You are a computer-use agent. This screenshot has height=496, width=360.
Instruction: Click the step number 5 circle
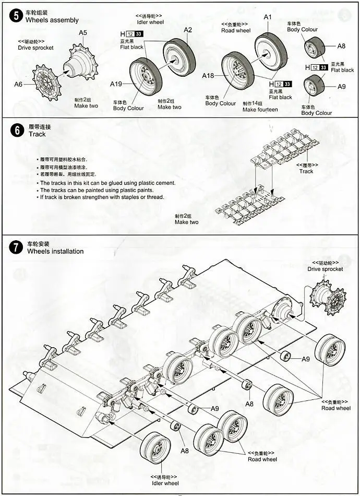[16, 15]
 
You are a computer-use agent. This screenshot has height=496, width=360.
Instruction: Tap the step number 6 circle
[16, 130]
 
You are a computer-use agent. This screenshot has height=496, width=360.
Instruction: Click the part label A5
[83, 33]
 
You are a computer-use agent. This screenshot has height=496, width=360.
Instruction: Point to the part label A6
[19, 84]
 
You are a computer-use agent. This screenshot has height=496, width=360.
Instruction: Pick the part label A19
[116, 84]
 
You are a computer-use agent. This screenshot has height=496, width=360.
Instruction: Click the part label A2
[188, 30]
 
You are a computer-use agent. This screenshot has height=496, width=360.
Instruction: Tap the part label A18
[208, 76]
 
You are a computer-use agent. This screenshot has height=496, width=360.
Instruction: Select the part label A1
[268, 17]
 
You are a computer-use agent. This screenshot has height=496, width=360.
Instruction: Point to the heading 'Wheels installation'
[55, 251]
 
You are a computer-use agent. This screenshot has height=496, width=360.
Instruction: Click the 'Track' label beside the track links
[306, 171]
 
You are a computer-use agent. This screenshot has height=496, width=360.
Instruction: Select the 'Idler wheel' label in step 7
[164, 483]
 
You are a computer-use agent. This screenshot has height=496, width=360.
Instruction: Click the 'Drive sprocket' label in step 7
[325, 269]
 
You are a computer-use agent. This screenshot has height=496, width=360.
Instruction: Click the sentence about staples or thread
[102, 197]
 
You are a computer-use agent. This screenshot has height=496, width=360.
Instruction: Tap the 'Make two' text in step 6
[186, 222]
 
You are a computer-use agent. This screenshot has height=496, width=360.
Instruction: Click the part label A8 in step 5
[342, 46]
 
